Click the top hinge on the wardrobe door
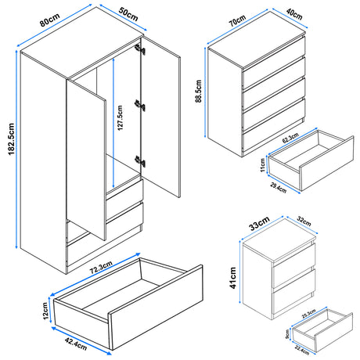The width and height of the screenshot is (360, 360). tap(142, 49)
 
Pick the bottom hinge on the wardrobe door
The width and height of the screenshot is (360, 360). tap(142, 161)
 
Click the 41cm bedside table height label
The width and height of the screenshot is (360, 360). tap(232, 275)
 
